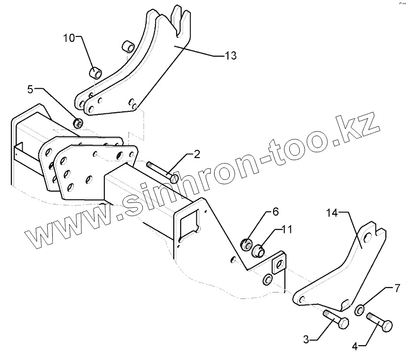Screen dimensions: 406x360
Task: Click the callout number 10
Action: tap(69, 37)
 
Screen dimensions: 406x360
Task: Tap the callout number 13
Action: tap(230, 56)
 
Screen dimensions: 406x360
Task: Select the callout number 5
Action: tap(31, 89)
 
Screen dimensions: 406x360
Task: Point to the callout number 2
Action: tap(196, 155)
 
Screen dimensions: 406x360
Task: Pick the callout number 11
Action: tap(287, 229)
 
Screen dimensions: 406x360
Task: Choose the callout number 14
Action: tap(333, 213)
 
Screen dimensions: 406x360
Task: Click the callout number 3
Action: tap(306, 339)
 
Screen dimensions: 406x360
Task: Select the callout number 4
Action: tap(355, 346)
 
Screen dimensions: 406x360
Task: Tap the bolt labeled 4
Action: tap(379, 323)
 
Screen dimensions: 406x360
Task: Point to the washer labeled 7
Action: tap(360, 309)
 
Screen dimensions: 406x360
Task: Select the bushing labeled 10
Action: tap(95, 73)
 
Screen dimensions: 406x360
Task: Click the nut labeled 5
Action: tap(77, 122)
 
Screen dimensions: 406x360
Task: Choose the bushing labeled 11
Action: tap(257, 250)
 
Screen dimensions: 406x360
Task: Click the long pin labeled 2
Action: tap(160, 169)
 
